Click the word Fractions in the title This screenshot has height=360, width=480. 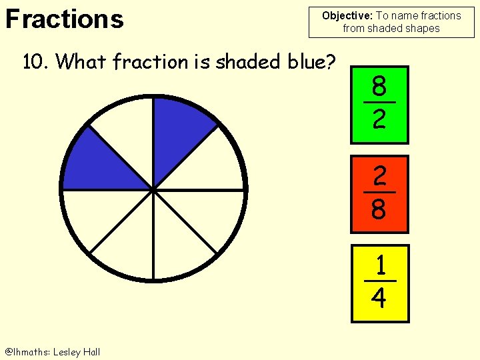click(64, 19)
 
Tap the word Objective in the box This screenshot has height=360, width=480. click(346, 15)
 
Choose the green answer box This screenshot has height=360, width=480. click(379, 104)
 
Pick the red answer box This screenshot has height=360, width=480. click(379, 194)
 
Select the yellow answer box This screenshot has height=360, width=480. click(379, 283)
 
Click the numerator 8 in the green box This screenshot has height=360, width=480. click(379, 87)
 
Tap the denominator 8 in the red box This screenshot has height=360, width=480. click(379, 209)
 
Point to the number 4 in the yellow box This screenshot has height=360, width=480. click(379, 298)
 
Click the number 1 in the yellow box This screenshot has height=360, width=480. click(380, 266)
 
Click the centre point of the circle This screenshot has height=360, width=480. click(153, 189)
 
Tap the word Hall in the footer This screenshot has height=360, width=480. click(92, 352)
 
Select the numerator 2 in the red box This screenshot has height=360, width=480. click(379, 177)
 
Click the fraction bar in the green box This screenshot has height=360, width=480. click(379, 103)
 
